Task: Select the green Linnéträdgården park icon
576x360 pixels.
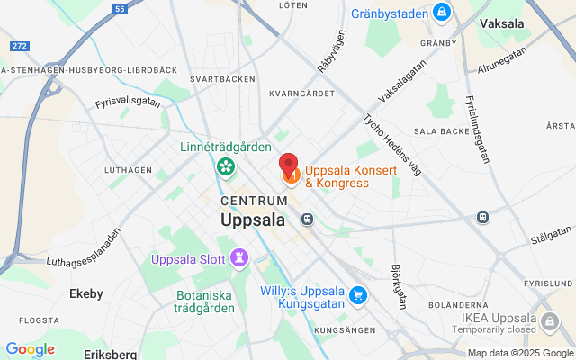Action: point(225,166)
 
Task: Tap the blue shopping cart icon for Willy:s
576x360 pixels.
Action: point(358,295)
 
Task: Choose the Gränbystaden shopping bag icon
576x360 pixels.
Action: point(441,13)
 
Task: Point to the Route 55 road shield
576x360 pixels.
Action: point(120,9)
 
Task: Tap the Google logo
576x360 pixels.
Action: point(30,349)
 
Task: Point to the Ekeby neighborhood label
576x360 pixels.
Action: point(86,293)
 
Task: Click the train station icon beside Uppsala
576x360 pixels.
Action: point(308,218)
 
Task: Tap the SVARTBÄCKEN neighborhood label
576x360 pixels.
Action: point(217,79)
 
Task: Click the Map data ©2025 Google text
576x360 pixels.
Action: point(520,353)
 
